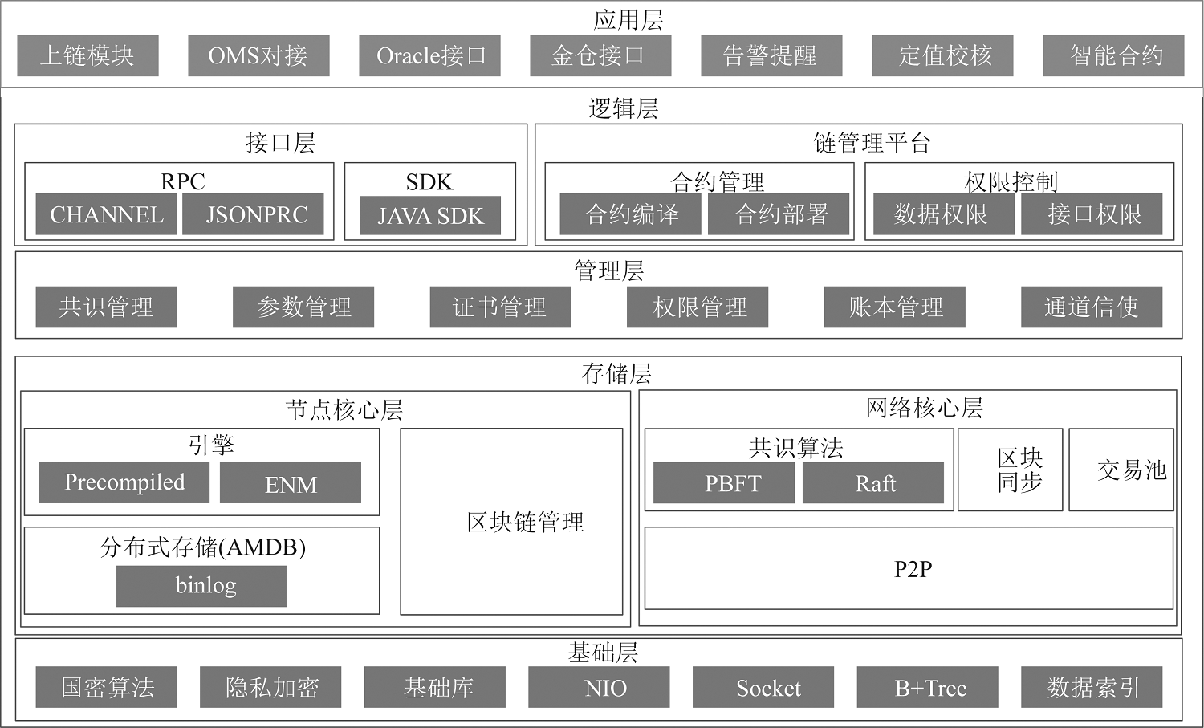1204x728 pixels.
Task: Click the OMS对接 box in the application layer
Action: pyautogui.click(x=258, y=55)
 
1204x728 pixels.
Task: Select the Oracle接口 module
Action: pyautogui.click(x=429, y=55)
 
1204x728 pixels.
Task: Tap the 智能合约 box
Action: pyautogui.click(x=1113, y=55)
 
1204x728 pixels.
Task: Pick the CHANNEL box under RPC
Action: pyautogui.click(x=107, y=214)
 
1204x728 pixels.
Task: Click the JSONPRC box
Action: pyautogui.click(x=253, y=214)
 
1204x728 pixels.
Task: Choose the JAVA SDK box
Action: pyautogui.click(x=430, y=215)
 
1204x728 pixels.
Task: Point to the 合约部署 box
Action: pyautogui.click(x=779, y=214)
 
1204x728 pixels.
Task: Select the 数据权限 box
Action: pyautogui.click(x=944, y=214)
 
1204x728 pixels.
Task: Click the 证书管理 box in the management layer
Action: pyautogui.click(x=500, y=307)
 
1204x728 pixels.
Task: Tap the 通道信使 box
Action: pyautogui.click(x=1092, y=307)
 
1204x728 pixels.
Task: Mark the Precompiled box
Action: pyautogui.click(x=124, y=482)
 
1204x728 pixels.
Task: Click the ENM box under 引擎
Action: pyautogui.click(x=291, y=482)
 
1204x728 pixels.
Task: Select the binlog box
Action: pyautogui.click(x=201, y=586)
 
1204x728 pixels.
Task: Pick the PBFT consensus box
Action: pyautogui.click(x=724, y=483)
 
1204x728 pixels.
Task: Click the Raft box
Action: pyautogui.click(x=873, y=483)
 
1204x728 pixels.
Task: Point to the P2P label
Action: pyautogui.click(x=913, y=569)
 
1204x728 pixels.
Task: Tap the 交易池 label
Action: pyautogui.click(x=1132, y=470)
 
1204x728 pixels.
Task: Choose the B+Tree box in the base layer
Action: pyautogui.click(x=928, y=687)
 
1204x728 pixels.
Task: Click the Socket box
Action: pyautogui.click(x=763, y=687)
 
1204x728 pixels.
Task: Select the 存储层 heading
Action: pyautogui.click(x=616, y=374)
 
